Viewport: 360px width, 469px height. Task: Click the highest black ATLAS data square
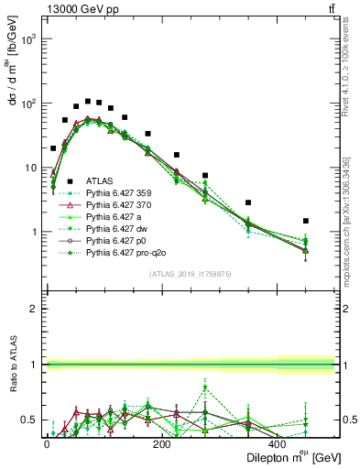pyautogui.click(x=88, y=101)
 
